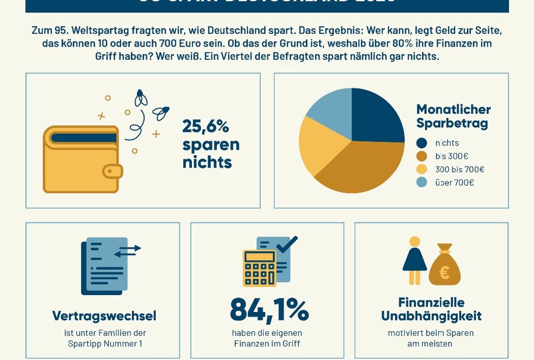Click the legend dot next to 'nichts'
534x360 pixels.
pyautogui.click(x=422, y=143)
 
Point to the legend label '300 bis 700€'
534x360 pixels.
pyautogui.click(x=459, y=170)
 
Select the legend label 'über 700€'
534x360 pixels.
pyautogui.click(x=455, y=183)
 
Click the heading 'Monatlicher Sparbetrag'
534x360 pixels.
pyautogui.click(x=453, y=116)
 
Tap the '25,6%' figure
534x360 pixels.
pyautogui.click(x=205, y=126)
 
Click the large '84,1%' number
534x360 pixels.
pyautogui.click(x=269, y=310)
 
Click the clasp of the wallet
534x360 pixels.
pyautogui.click(x=113, y=171)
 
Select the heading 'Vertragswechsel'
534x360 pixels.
pyautogui.click(x=104, y=315)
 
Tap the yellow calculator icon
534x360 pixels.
pyautogui.click(x=259, y=268)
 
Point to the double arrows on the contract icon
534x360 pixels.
pyautogui.click(x=128, y=250)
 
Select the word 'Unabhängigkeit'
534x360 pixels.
pyautogui.click(x=431, y=316)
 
